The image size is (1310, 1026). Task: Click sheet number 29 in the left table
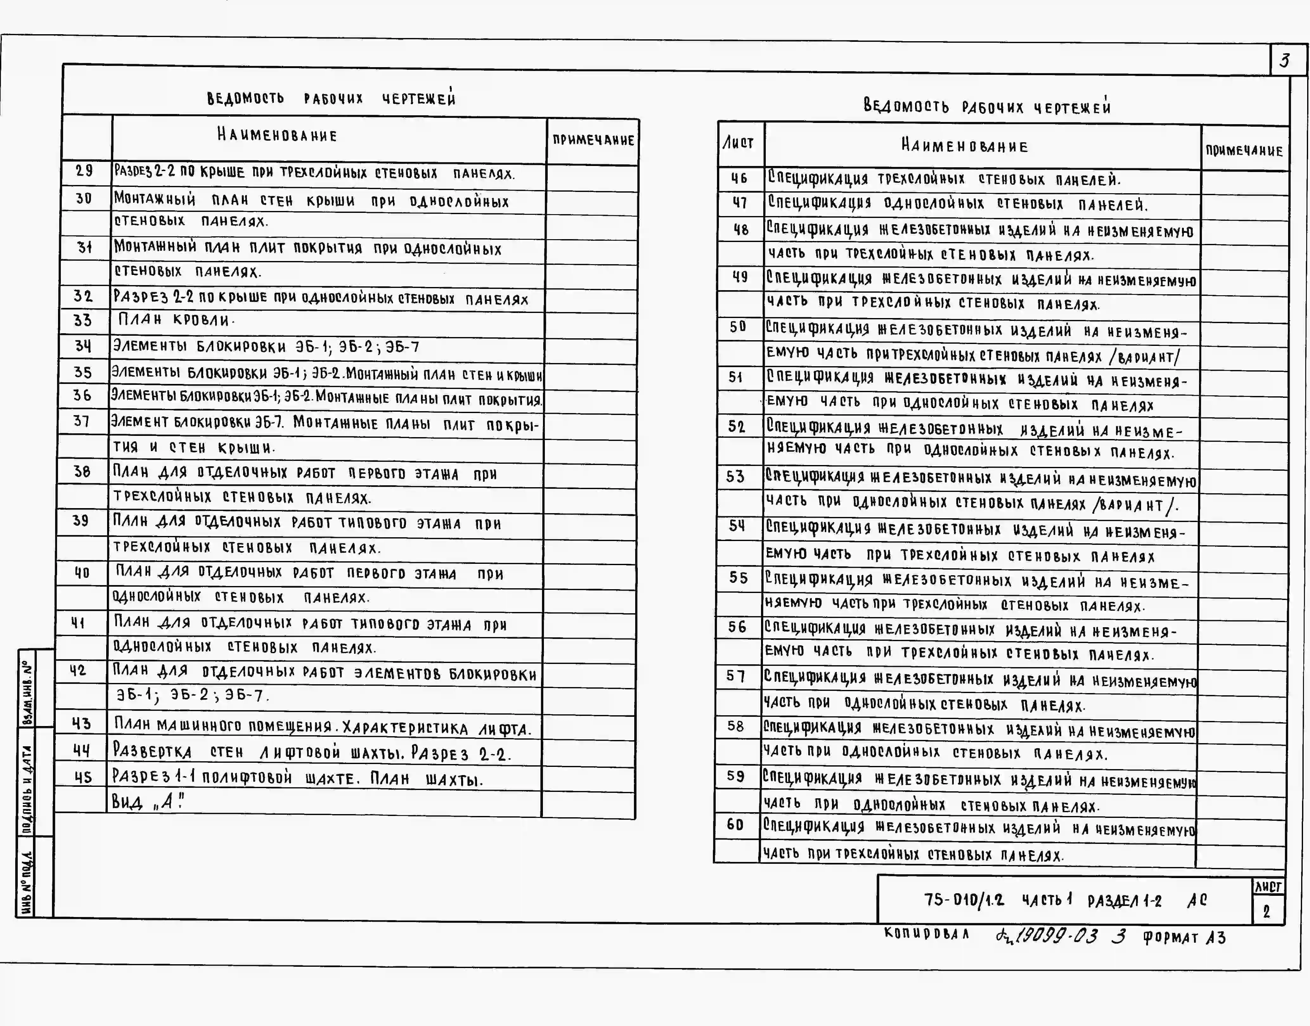(x=84, y=171)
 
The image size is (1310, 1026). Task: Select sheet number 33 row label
(x=83, y=320)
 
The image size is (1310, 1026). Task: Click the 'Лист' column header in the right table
(x=738, y=143)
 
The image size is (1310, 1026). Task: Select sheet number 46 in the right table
(x=739, y=178)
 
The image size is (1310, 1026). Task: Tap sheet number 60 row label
(x=736, y=825)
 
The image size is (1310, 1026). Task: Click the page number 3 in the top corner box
(x=1284, y=61)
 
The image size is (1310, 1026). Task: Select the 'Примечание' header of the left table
(x=593, y=140)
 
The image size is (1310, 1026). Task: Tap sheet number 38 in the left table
(x=82, y=472)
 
